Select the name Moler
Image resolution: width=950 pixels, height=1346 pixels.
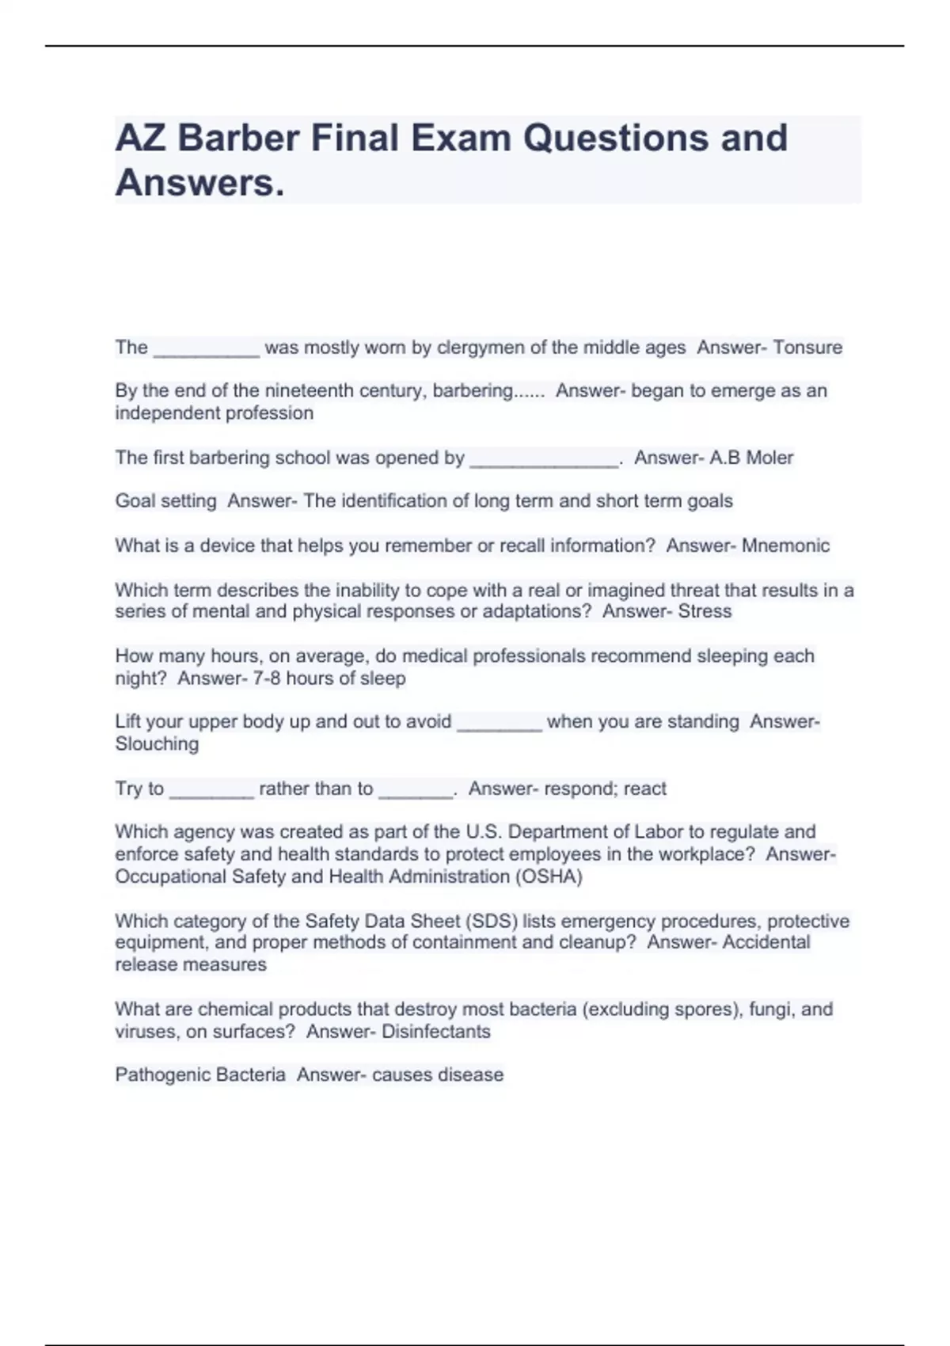[769, 458]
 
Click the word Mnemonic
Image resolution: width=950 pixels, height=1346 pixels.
[785, 546]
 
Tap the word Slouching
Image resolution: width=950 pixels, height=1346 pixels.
[157, 744]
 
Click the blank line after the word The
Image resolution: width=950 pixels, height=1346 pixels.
[206, 353]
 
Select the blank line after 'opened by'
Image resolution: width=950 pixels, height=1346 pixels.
[543, 463]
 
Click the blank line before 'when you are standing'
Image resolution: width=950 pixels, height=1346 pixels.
[500, 727]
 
